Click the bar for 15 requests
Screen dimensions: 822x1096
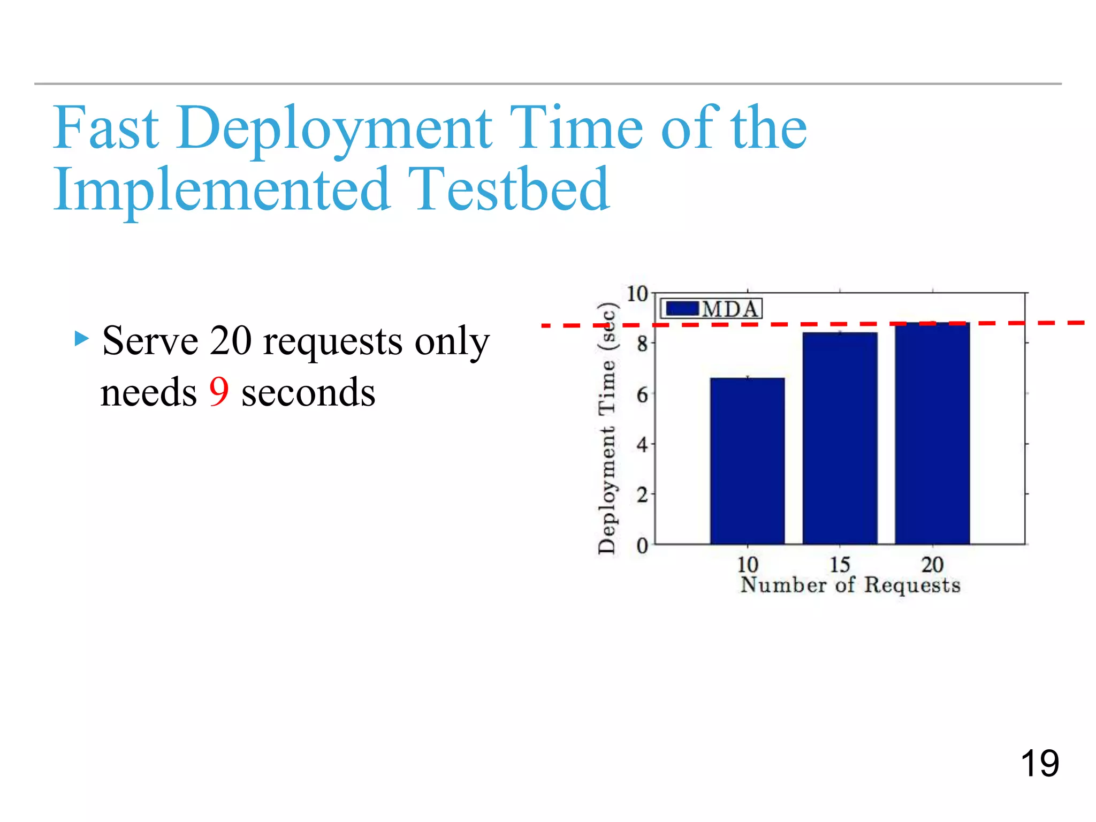(x=840, y=439)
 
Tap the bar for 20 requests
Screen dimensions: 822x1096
(x=932, y=433)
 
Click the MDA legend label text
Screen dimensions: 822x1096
(x=730, y=309)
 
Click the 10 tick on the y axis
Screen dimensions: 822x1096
(x=637, y=294)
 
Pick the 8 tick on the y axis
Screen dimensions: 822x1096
(x=642, y=344)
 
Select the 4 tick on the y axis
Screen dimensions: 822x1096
(x=642, y=445)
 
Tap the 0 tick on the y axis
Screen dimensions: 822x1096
(x=642, y=546)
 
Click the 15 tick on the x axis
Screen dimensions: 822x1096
(x=840, y=565)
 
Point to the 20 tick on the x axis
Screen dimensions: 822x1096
(x=932, y=565)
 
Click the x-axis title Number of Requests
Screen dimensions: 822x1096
(x=850, y=585)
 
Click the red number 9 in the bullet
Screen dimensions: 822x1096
(x=219, y=392)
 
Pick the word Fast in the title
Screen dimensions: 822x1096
(x=106, y=128)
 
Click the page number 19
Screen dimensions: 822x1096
(x=1039, y=764)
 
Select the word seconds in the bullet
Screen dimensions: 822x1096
(x=308, y=393)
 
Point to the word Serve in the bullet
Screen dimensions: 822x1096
(x=150, y=341)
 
